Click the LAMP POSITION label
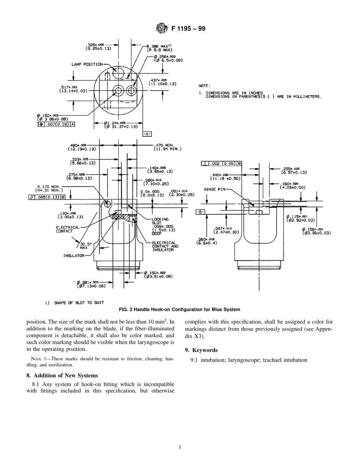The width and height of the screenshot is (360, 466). tap(87, 64)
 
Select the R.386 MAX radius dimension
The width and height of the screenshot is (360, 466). tap(159, 48)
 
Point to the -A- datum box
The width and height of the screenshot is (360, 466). tap(147, 134)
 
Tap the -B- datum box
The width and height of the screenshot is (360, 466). tap(200, 212)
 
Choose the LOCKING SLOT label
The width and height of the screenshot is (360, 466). tap(160, 221)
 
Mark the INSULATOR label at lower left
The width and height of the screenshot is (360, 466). tap(74, 256)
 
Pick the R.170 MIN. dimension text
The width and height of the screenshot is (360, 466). tap(49, 188)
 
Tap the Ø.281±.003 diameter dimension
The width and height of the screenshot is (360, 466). tap(90, 284)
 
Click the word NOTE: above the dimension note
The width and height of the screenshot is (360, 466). tap(204, 86)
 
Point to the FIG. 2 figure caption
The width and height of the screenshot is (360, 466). tap(179, 310)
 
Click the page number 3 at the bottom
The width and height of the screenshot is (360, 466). tap(180, 447)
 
